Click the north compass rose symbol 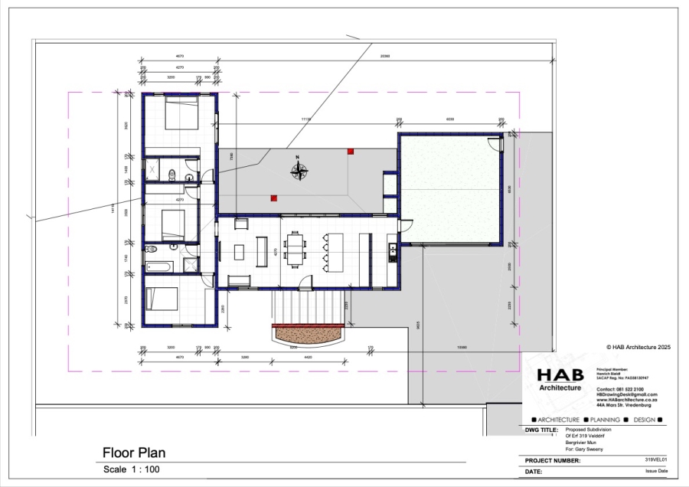(299, 170)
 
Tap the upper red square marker (351, 152)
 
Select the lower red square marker (273, 198)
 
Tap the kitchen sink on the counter (392, 249)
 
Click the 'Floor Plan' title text (134, 453)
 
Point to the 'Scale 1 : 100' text (132, 469)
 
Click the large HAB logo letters (565, 375)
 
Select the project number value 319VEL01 (657, 459)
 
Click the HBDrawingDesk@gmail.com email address (626, 394)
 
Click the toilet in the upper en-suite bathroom (175, 174)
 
